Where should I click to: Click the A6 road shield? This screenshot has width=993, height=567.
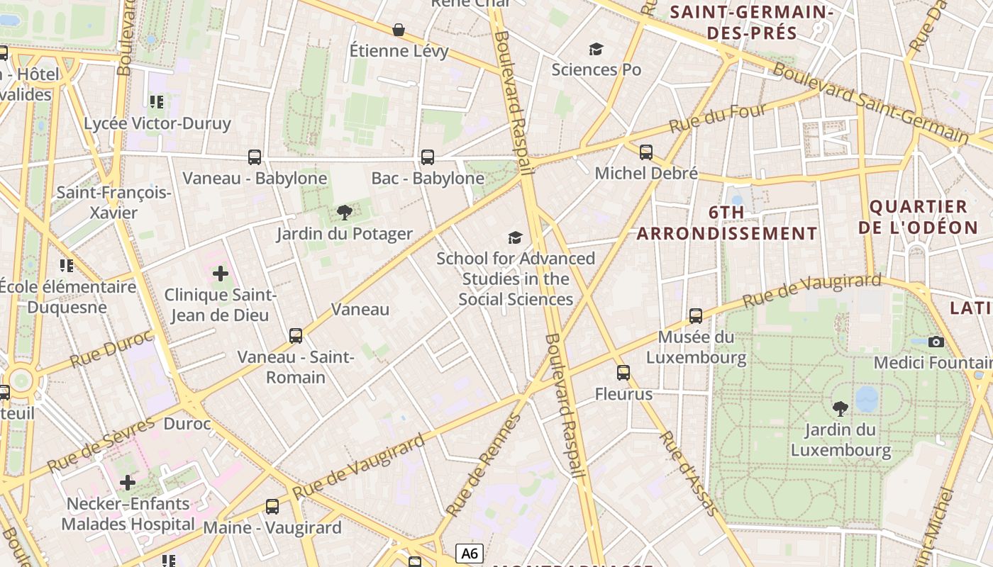(470, 553)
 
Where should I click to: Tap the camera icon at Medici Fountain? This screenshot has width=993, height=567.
(936, 342)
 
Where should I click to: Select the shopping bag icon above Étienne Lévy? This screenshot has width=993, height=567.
(399, 30)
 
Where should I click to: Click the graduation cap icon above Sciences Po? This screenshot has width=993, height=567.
(596, 49)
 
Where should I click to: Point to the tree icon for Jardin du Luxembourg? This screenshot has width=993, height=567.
(841, 408)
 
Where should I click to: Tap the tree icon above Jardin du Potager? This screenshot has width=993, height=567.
(345, 212)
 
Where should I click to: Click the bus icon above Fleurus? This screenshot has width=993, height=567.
(623, 373)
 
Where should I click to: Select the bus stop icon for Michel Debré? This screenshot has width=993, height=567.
(645, 152)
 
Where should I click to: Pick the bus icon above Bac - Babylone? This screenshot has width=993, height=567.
(427, 157)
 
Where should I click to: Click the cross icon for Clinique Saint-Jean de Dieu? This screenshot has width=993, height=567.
(220, 273)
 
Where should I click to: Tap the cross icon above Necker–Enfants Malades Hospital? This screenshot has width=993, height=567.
(128, 483)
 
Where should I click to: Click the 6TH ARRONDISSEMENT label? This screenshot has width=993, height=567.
(727, 223)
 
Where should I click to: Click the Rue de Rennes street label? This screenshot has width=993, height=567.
(482, 465)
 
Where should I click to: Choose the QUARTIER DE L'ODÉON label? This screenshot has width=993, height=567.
(918, 217)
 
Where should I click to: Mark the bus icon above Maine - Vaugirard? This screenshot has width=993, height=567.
(272, 506)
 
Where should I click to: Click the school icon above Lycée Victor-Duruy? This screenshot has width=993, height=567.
(156, 102)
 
